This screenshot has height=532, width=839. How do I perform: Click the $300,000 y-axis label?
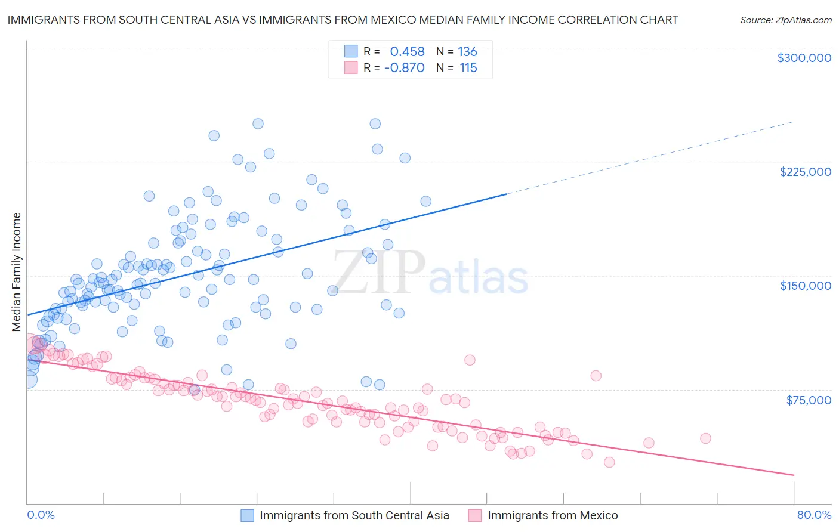coord(804,58)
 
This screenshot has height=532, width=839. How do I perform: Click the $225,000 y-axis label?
coord(805,172)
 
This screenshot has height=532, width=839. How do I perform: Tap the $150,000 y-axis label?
coord(805,286)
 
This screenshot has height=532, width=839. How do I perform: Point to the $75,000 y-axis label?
coord(809,400)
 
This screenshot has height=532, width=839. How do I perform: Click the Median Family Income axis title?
coord(17,272)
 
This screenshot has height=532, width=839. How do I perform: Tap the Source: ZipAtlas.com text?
coord(785,20)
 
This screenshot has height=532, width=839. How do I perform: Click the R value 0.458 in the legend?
coord(407,52)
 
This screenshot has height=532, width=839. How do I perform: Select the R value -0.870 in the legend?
coord(404,68)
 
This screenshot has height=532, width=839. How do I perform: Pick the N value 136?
coord(467,52)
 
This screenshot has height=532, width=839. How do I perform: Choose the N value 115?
coord(468,68)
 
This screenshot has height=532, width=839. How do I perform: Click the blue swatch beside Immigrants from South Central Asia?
coord(248,515)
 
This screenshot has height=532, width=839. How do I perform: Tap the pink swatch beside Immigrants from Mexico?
coord(475,515)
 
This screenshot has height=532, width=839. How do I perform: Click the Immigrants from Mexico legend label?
coord(553,515)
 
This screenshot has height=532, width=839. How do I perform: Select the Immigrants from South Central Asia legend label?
coord(354,515)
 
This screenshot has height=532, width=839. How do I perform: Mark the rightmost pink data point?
coord(705,438)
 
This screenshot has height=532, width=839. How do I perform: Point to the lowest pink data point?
coord(609,462)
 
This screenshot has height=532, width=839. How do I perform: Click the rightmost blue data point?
coord(425,202)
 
